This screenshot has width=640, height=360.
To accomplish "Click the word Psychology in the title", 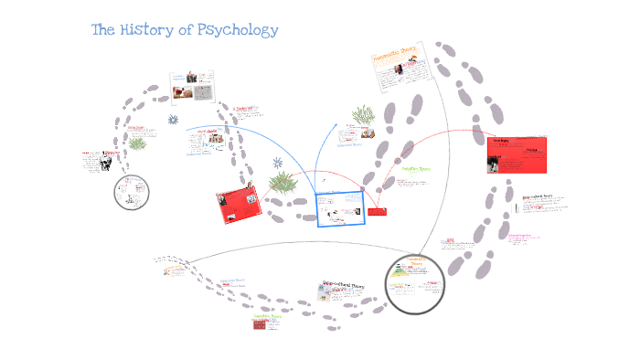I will tap(233, 30).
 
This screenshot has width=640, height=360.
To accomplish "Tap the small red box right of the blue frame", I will tap(377, 212).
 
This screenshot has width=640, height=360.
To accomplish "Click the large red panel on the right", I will tap(517, 154).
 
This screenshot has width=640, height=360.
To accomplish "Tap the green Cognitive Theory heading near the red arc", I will tap(414, 169).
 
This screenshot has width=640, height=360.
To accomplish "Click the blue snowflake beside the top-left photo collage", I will tap(172, 120).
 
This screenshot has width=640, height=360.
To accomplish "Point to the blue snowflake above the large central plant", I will tap(278, 163).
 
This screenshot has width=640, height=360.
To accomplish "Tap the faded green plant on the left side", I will tap(138, 143).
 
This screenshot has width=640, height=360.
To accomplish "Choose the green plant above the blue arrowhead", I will tap(361, 114).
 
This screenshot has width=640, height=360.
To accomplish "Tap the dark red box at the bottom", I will tap(266, 332).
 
